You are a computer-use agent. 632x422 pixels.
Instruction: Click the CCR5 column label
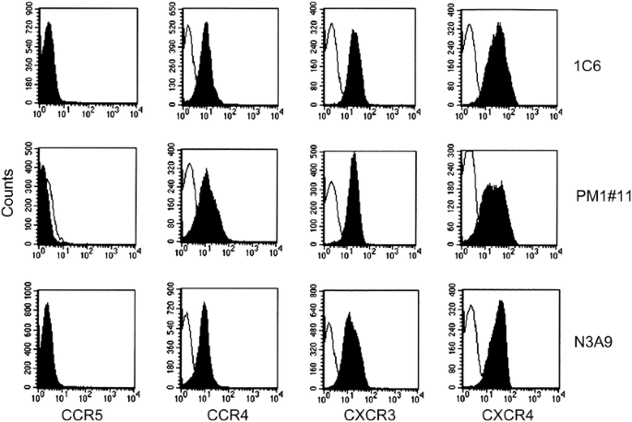84,414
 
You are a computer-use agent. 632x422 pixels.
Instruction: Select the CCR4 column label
224,414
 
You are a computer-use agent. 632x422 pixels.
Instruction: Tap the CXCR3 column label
365,414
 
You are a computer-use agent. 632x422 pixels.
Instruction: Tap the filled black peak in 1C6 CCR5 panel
49,74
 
